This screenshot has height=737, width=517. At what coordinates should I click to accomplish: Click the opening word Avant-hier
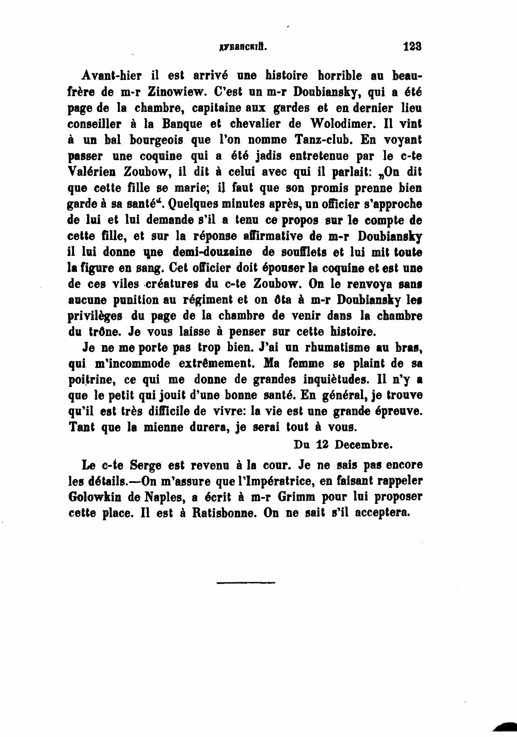pos(106,75)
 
